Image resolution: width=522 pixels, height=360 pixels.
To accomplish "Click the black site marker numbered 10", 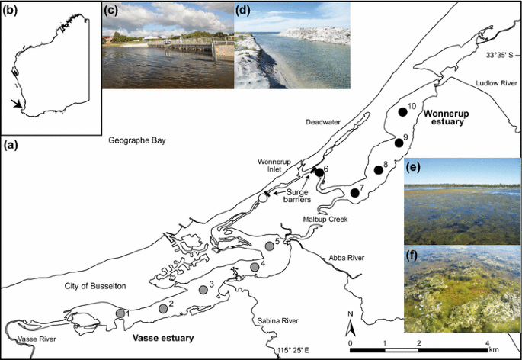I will [402, 113].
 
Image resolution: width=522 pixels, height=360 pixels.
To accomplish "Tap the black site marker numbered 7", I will [354, 194].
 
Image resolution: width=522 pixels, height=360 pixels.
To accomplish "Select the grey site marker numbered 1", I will [120, 313].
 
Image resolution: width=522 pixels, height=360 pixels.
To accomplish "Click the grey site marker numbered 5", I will [269, 246].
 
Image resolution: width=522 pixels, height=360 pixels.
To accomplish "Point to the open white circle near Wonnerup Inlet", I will [262, 198].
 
